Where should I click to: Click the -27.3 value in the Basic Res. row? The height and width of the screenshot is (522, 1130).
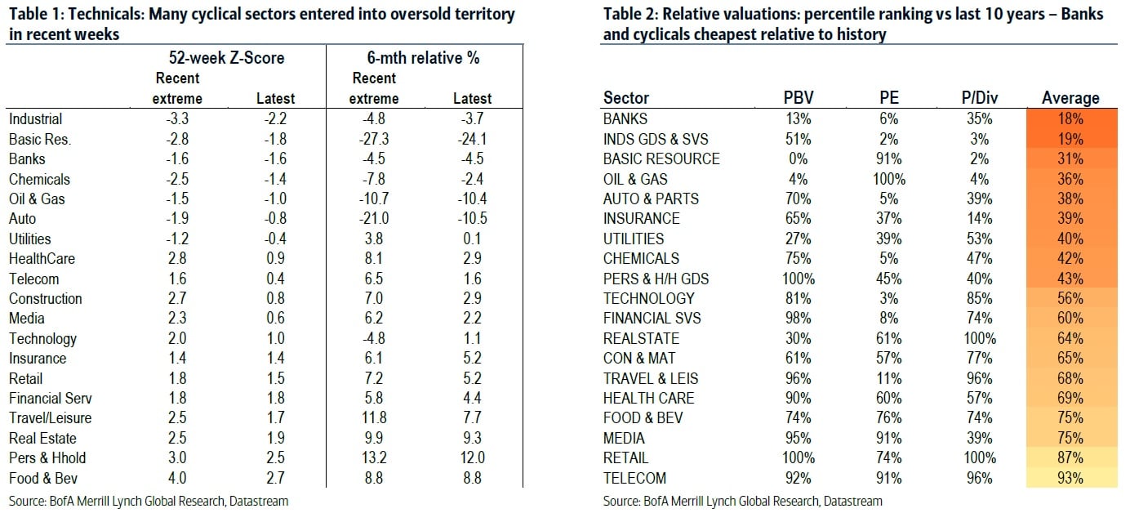point(375,139)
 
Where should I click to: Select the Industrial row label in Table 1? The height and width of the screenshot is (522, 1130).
point(35,119)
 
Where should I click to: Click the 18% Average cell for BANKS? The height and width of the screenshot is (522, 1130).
point(1070,119)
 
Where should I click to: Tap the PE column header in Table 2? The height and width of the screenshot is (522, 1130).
point(885,98)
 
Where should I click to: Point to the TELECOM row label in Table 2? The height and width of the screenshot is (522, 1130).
point(634,478)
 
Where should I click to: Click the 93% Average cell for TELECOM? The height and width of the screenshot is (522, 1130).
point(1070,478)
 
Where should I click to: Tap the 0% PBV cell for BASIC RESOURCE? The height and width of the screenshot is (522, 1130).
point(798,158)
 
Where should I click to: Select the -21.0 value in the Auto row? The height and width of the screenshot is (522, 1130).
point(375,219)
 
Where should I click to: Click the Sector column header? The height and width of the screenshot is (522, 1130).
point(626,98)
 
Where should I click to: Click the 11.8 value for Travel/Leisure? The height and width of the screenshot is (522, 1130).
point(375,418)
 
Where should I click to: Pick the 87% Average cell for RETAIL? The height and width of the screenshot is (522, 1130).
point(1070,458)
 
